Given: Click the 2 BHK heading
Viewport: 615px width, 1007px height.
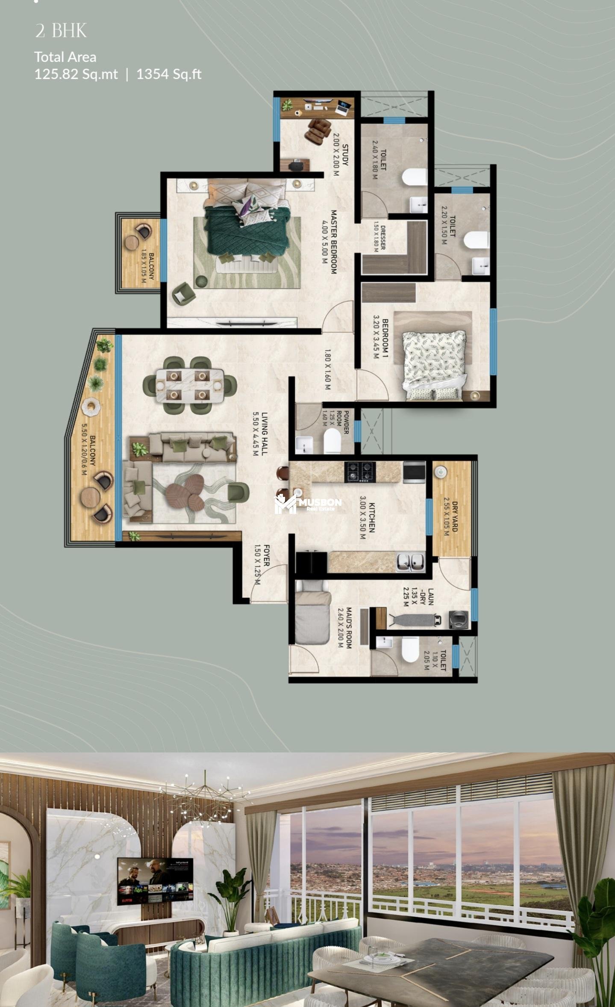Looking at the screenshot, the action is [61, 31].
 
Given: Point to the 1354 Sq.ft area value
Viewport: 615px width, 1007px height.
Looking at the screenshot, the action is [169, 74].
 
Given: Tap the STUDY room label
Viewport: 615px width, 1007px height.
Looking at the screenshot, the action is [345, 155].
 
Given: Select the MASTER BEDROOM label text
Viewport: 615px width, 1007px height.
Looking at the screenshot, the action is [334, 242].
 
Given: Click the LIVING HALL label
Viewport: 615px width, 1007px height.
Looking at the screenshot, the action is [265, 434].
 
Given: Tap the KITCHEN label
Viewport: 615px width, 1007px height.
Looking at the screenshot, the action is [372, 517].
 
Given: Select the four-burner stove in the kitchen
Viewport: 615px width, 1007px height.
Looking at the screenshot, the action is [360, 472].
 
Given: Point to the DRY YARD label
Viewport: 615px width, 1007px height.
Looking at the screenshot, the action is [455, 517].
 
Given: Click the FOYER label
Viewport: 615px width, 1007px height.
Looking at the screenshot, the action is [266, 555].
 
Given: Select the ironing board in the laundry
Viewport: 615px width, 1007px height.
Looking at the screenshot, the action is [414, 619].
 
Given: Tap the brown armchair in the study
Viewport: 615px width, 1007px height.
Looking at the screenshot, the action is [318, 131].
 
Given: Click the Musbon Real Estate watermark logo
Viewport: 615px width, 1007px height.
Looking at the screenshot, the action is [308, 503].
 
